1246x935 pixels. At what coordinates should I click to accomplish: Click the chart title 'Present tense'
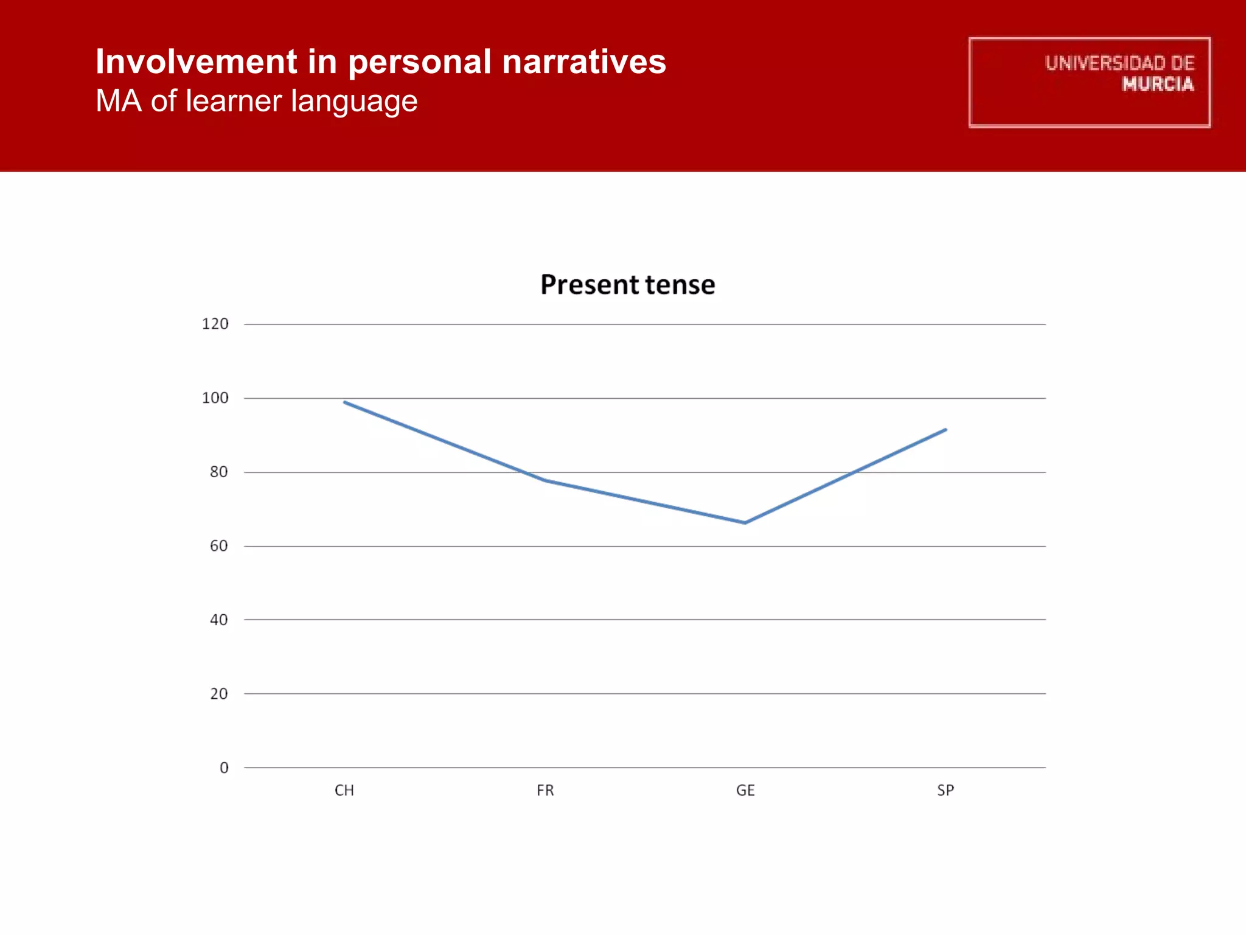point(627,285)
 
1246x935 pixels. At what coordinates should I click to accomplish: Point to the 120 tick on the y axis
point(215,324)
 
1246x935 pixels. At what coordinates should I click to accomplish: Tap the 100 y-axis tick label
point(215,398)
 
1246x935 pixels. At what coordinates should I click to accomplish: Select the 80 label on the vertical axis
point(218,472)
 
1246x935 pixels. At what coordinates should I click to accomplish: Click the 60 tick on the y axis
point(218,546)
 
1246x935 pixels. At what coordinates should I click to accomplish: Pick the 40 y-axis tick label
point(218,620)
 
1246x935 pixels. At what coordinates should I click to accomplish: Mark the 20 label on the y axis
point(218,694)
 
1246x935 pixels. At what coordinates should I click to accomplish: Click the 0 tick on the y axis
point(224,768)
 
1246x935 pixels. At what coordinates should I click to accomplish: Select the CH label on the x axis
point(344,791)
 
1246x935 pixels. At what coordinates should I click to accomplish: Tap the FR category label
point(545,791)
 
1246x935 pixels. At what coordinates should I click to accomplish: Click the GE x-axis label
point(745,791)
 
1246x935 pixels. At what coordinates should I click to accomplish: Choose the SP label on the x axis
point(945,791)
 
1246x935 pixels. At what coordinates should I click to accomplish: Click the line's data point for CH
point(345,402)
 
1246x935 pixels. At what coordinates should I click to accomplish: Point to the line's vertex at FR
point(545,480)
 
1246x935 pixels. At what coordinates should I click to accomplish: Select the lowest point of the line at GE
point(745,523)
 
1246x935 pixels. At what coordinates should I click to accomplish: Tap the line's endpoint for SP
point(945,430)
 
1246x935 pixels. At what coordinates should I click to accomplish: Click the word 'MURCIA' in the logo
point(1158,84)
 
